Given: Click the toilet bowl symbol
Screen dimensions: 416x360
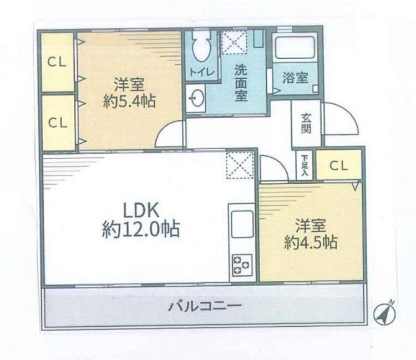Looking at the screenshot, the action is click(x=201, y=46).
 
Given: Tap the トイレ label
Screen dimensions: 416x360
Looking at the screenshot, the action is click(x=202, y=72).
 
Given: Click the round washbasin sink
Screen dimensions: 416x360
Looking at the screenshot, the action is click(x=197, y=98).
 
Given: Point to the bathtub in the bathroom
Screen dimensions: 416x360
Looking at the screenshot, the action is click(x=295, y=47).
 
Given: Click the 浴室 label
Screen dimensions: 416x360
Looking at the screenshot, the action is click(x=295, y=78).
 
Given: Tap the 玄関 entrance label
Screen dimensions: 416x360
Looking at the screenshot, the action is click(x=306, y=123).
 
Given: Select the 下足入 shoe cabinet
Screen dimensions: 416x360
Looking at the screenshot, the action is click(x=305, y=165).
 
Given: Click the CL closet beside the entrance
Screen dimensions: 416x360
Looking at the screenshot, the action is click(x=339, y=165).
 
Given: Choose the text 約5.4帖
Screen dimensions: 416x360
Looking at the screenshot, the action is click(x=129, y=101).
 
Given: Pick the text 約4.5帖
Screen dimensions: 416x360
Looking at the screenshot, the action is click(x=311, y=242).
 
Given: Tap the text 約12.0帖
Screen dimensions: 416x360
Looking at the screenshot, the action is click(x=141, y=229).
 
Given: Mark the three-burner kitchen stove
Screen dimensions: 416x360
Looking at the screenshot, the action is click(x=242, y=265).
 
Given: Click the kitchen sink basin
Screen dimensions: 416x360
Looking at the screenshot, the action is click(x=242, y=224).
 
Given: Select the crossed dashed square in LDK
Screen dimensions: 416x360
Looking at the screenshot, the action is click(x=240, y=165).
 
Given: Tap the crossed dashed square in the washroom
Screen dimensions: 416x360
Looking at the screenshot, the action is click(x=234, y=42).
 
